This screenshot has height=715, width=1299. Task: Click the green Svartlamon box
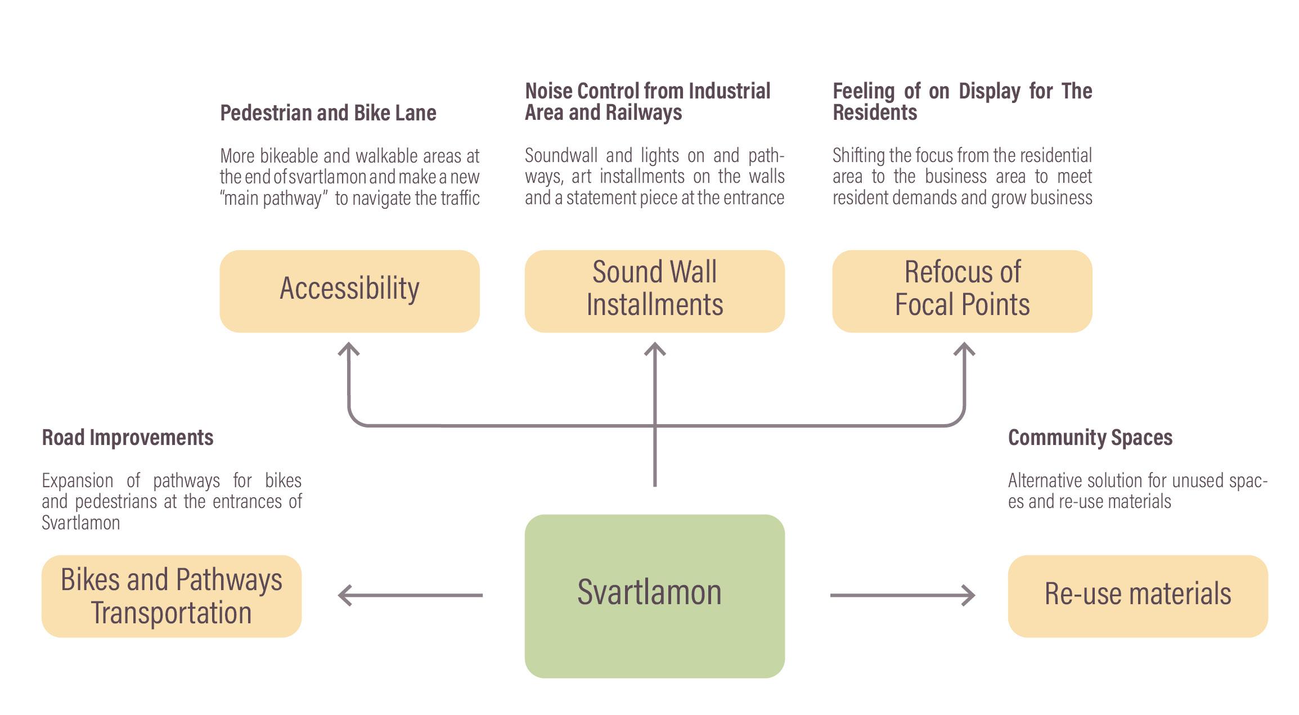click(x=654, y=596)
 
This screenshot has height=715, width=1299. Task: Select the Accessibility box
click(x=349, y=291)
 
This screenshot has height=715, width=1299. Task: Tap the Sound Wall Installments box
click(x=654, y=291)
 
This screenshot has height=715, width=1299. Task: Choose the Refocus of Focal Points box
click(x=962, y=291)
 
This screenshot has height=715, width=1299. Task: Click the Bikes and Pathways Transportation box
click(x=172, y=596)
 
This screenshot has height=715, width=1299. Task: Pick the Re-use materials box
click(x=1138, y=596)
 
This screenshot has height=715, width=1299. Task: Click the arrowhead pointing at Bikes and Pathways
click(x=344, y=595)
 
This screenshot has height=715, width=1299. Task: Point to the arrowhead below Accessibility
click(x=349, y=349)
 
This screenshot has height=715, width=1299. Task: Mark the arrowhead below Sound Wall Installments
click(x=655, y=349)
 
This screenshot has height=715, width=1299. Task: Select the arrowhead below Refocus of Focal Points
click(x=964, y=349)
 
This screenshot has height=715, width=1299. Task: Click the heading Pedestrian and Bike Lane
click(x=328, y=113)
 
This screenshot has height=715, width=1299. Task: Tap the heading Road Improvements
click(x=128, y=438)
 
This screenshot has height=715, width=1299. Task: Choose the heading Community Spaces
click(x=1090, y=438)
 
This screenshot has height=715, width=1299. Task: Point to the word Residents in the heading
click(x=875, y=113)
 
